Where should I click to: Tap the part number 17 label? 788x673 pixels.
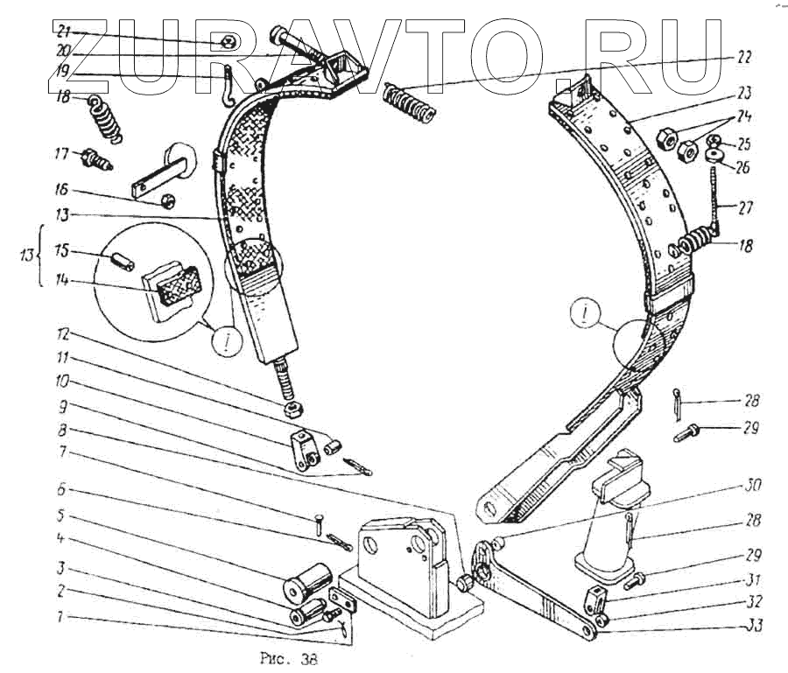(61, 154)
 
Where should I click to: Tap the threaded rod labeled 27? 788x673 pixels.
(714, 198)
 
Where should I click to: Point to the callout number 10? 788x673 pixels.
(61, 382)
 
